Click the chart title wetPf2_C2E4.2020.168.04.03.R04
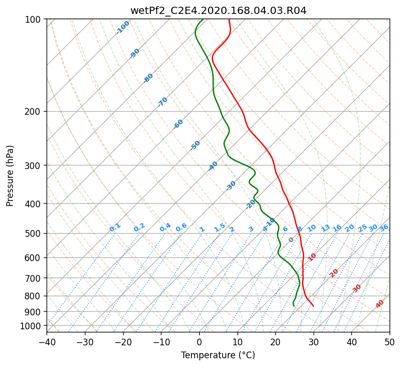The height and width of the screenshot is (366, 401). click(x=218, y=10)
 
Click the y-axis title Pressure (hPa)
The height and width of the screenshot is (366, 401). click(x=10, y=176)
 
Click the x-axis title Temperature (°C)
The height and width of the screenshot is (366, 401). click(x=218, y=356)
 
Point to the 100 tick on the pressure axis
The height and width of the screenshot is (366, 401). click(x=34, y=20)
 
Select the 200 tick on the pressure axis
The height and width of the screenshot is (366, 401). click(x=34, y=111)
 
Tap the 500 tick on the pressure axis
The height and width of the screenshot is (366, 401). click(x=34, y=233)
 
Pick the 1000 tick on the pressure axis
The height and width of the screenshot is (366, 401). click(x=32, y=326)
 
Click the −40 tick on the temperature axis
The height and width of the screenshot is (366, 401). click(x=47, y=342)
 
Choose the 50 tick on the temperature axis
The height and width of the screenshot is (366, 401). click(x=390, y=342)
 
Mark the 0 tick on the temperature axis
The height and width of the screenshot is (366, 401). click(x=199, y=342)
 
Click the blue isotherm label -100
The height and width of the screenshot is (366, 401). click(x=123, y=27)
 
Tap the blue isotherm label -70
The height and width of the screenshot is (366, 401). click(x=162, y=102)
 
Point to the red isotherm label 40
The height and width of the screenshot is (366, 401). click(x=380, y=304)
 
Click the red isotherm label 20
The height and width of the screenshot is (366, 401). click(x=334, y=272)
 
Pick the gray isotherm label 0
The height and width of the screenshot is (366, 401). click(x=291, y=240)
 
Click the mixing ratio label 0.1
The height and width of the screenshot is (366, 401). click(x=115, y=227)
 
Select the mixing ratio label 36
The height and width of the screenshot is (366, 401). click(x=384, y=227)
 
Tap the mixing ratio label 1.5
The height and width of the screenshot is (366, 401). click(x=219, y=227)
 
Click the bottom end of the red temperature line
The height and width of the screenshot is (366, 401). click(x=313, y=306)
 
